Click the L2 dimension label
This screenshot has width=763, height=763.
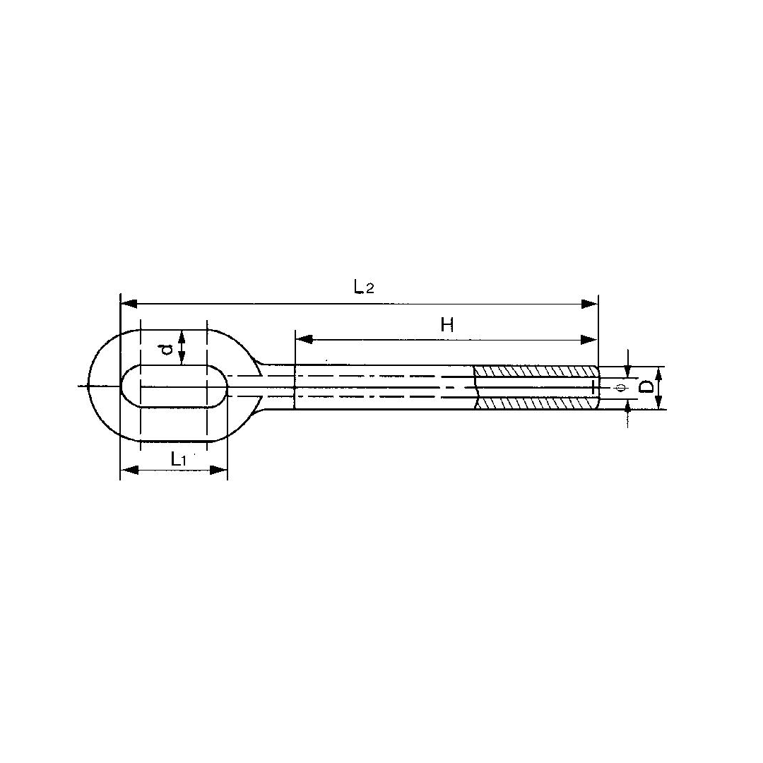(x=363, y=287)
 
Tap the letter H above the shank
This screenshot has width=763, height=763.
(x=446, y=324)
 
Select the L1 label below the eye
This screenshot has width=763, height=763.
(x=178, y=459)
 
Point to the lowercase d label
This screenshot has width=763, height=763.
(x=165, y=348)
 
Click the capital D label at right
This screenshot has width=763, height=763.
(x=645, y=387)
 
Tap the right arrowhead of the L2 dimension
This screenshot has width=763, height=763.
(x=590, y=304)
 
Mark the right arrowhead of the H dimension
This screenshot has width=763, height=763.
(x=590, y=340)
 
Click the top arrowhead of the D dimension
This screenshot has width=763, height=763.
(x=658, y=372)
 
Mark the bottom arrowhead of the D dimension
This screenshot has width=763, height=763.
(x=658, y=403)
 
